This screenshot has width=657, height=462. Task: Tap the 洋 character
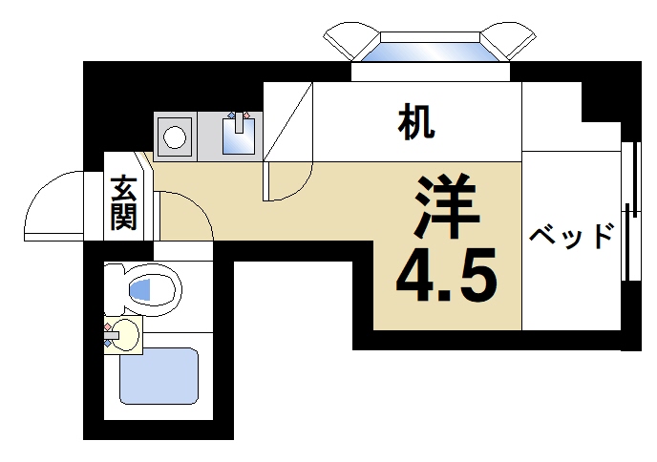(446, 207)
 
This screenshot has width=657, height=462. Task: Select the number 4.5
(446, 276)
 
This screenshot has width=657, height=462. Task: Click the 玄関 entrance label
(122, 202)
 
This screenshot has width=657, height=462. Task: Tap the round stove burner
(175, 136)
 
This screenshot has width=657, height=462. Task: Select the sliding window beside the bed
(629, 210)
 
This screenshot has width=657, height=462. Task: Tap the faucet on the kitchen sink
(239, 121)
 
